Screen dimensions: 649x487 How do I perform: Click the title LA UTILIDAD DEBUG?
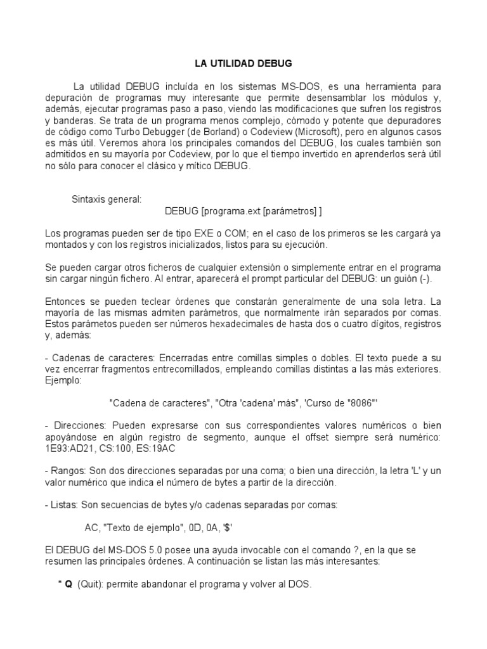point(243,65)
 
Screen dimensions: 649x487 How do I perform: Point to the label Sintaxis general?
point(106,199)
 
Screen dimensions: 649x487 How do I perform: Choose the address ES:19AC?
point(156,447)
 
